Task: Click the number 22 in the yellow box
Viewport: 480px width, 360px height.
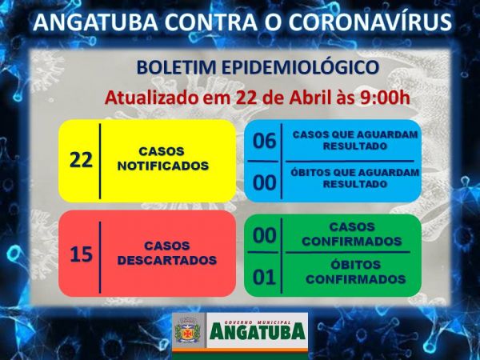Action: (81, 160)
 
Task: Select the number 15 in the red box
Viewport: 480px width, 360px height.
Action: (81, 254)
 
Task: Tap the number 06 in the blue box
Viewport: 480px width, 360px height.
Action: (265, 141)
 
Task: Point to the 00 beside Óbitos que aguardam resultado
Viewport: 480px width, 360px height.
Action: (265, 182)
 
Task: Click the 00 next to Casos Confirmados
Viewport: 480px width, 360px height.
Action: (265, 235)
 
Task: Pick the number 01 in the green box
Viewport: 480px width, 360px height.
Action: (265, 278)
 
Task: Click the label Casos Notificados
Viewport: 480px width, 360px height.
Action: (163, 158)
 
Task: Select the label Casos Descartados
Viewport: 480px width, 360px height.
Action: (167, 253)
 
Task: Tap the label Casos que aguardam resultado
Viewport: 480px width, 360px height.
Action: (355, 141)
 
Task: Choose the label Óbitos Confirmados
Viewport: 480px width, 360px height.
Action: (355, 272)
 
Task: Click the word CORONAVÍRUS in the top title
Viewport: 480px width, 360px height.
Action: (370, 22)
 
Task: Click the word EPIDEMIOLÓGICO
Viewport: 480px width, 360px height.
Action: (301, 67)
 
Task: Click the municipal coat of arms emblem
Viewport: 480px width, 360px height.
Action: (187, 330)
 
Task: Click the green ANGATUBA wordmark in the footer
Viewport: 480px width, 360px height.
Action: (258, 332)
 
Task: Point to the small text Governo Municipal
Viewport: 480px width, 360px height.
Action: (257, 322)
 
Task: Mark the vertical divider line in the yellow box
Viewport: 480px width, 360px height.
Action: (100, 162)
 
